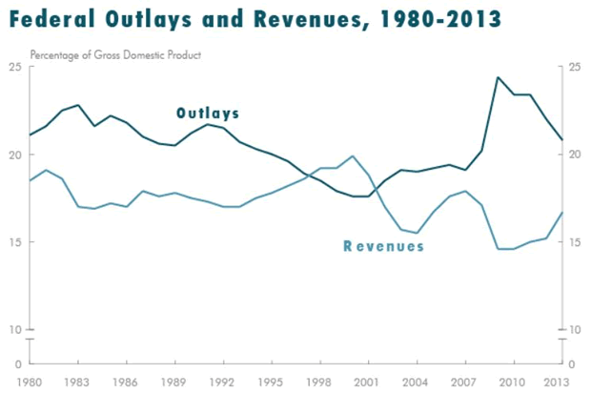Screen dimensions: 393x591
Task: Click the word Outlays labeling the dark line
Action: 207,114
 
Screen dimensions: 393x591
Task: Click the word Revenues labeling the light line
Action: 383,246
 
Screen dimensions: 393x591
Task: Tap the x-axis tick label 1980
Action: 30,383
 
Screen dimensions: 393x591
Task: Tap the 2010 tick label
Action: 513,383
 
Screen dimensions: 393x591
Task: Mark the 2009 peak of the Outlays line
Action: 498,77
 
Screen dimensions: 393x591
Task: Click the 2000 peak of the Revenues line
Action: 353,155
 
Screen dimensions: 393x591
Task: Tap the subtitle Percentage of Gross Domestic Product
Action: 115,53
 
